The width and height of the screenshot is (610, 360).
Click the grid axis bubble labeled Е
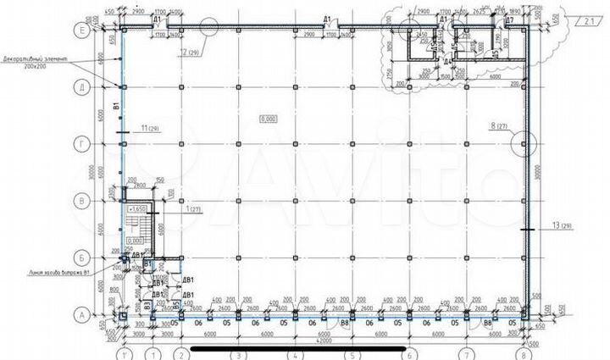(82, 30)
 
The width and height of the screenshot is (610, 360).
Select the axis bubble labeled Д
(82, 86)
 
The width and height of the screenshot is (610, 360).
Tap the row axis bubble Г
(82, 143)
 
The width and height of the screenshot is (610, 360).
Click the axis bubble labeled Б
(82, 256)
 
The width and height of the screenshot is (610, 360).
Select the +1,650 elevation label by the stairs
(136, 208)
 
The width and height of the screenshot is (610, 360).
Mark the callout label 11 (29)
(151, 128)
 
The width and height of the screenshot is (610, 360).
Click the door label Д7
(509, 19)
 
